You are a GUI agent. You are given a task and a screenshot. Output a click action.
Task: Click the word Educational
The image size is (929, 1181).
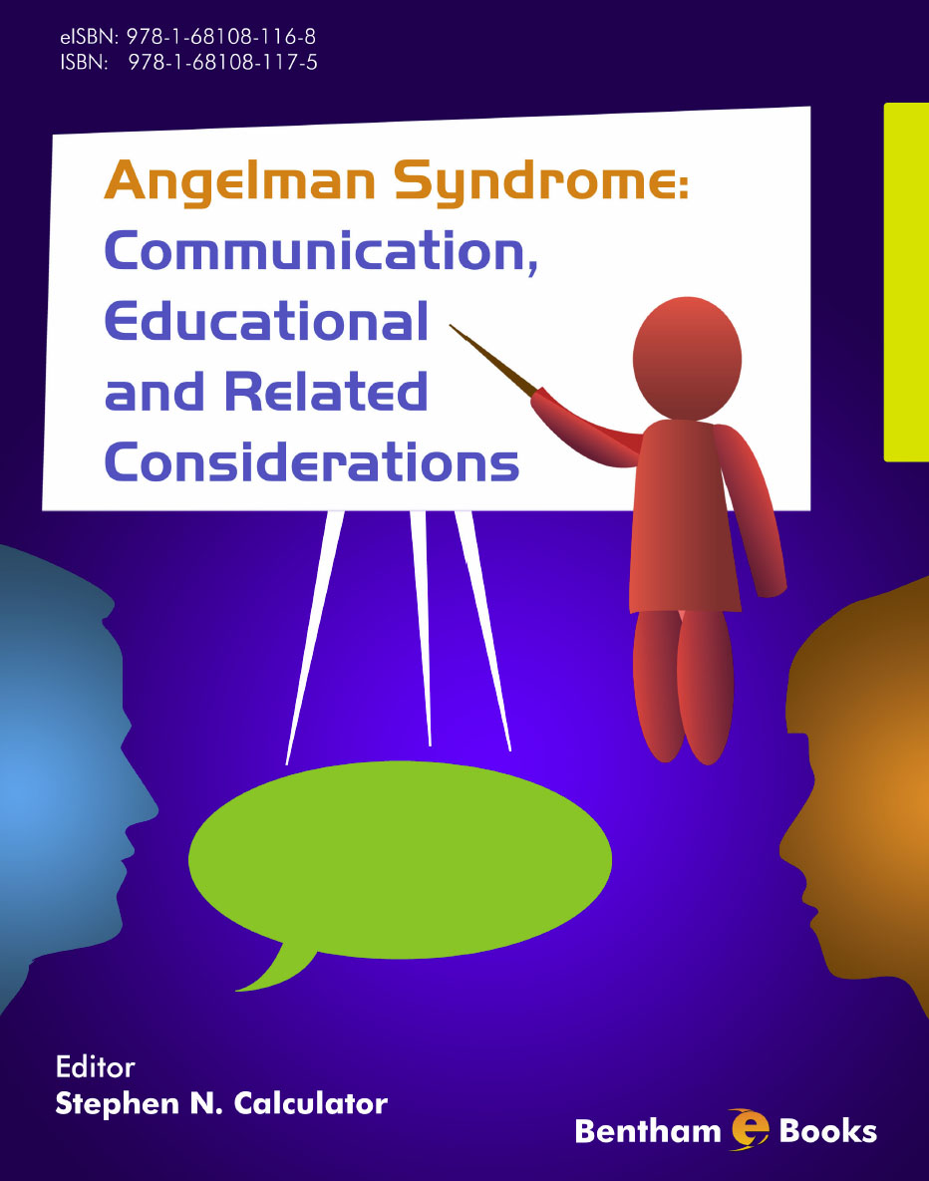266,322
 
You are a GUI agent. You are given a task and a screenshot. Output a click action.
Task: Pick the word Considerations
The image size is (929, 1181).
312,461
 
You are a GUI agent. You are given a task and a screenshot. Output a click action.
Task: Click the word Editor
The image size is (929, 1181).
95,1067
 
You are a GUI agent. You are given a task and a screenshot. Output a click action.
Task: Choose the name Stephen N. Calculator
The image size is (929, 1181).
221,1103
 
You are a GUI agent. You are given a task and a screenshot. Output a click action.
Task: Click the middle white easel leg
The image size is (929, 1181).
423,628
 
